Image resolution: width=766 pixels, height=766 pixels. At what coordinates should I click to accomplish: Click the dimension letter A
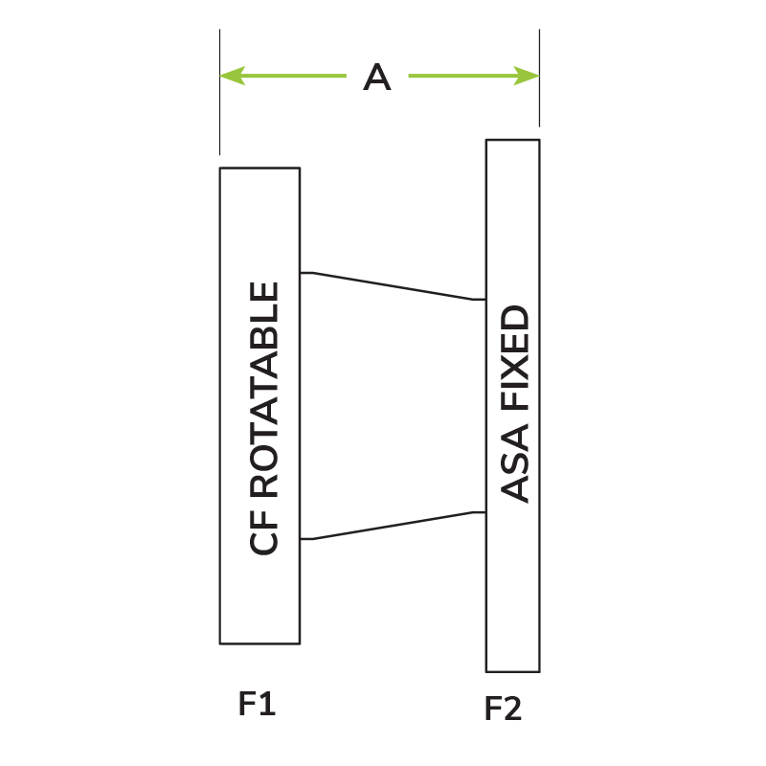pos(376,77)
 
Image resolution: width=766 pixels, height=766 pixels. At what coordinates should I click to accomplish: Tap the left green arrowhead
pos(233,76)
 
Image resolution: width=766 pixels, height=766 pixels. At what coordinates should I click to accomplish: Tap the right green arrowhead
pos(527,76)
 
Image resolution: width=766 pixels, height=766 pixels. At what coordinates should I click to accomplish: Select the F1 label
pos(257,704)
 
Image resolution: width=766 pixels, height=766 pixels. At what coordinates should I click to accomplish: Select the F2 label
pos(503,709)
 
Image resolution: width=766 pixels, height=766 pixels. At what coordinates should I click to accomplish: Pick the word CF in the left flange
pos(264,532)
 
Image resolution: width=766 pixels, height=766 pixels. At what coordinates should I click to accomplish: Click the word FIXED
pos(515,357)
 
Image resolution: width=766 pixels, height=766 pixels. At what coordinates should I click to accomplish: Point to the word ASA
pos(515,463)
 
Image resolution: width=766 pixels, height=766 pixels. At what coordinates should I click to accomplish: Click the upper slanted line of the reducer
pos(393,286)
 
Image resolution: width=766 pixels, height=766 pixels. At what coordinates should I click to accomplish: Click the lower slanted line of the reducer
pos(393,526)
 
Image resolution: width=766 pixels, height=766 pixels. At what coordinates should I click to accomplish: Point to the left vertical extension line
pos(220,92)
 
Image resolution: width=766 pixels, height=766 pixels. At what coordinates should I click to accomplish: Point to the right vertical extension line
pos(539,78)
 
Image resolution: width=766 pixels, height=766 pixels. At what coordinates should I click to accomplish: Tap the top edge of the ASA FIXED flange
pos(513,140)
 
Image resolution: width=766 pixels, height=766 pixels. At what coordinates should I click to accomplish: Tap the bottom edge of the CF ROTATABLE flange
pos(259,643)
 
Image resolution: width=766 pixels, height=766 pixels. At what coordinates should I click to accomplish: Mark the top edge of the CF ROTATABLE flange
pos(259,169)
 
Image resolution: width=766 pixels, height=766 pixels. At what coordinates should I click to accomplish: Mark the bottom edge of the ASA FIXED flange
pos(513,672)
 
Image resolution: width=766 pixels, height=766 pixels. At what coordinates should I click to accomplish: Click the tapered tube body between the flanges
pos(393,406)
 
